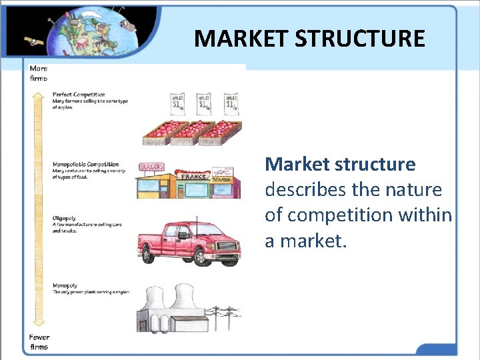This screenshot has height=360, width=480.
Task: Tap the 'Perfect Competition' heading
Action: pyautogui.click(x=79, y=95)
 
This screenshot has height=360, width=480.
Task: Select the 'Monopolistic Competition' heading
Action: pyautogui.click(x=85, y=164)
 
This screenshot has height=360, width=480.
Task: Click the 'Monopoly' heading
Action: pyautogui.click(x=65, y=286)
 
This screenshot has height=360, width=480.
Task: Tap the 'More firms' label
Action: pyautogui.click(x=38, y=73)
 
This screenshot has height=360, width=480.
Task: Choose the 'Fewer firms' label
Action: pyautogui.click(x=39, y=342)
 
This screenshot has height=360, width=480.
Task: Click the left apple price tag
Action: pyautogui.click(x=178, y=103)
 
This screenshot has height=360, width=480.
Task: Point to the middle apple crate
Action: pyautogui.click(x=191, y=131)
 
